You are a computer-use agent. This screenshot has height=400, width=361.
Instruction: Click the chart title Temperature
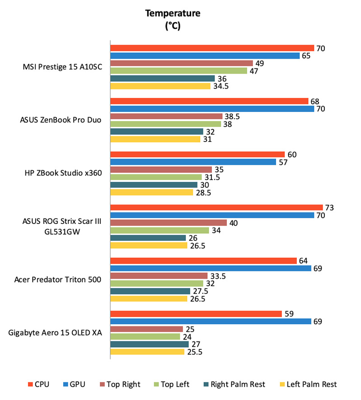172,14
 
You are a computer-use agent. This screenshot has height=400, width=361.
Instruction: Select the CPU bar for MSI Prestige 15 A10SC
212,48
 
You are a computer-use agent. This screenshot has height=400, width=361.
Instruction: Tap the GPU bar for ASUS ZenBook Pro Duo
212,109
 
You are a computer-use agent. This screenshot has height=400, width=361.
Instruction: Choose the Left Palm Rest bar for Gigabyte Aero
147,352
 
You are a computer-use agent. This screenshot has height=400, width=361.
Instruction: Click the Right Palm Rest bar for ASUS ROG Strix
148,238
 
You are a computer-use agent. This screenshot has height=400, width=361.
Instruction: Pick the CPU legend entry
38,385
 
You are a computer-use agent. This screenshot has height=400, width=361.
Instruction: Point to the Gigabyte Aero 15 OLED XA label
55,333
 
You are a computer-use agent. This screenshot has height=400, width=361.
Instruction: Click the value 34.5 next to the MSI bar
221,86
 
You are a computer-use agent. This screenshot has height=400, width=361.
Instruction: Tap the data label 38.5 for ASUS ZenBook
232,116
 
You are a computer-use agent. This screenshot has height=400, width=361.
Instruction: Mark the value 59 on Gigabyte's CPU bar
290,314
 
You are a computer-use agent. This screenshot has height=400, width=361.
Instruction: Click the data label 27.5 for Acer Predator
200,291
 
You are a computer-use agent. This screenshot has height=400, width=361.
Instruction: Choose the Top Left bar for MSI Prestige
179,71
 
